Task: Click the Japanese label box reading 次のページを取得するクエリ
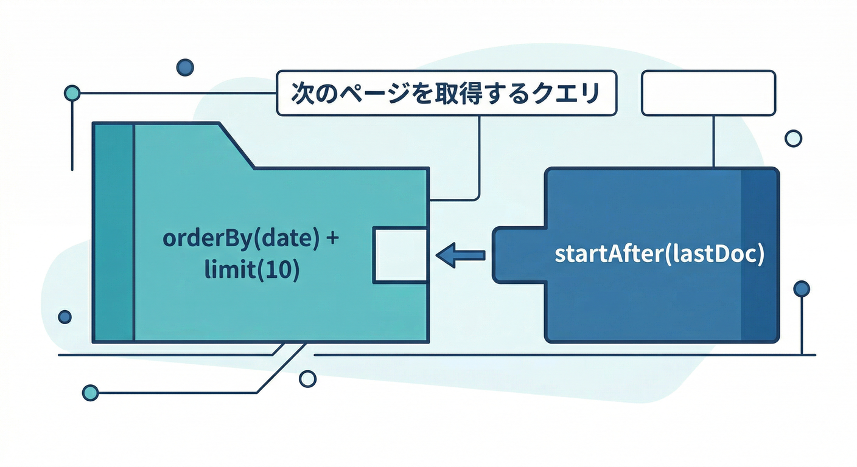(x=446, y=93)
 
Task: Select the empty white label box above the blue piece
(x=708, y=93)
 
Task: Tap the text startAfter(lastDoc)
(x=659, y=255)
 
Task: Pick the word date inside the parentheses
(x=280, y=239)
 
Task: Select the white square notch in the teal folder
(x=399, y=254)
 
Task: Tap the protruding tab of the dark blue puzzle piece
(x=517, y=255)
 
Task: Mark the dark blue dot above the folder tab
(x=184, y=67)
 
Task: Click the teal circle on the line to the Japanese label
(x=72, y=94)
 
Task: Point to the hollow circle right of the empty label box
(x=794, y=139)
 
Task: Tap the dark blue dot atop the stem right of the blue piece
(x=802, y=288)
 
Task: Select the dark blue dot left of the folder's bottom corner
(x=65, y=317)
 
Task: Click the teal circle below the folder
(x=90, y=392)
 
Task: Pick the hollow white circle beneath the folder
(x=309, y=379)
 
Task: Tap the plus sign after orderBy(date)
(x=332, y=239)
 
